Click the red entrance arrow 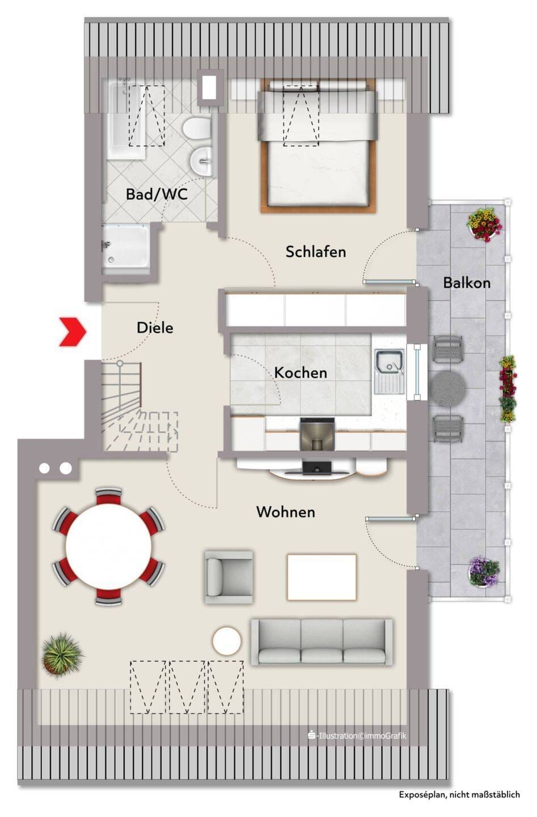(73, 331)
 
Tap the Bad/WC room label (157, 194)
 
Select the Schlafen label (316, 252)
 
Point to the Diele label (155, 327)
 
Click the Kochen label (301, 372)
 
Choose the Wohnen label (286, 512)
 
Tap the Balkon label (467, 283)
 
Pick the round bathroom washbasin (201, 160)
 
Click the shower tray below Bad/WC (126, 250)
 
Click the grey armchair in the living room (229, 577)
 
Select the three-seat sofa (322, 642)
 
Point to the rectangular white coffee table (322, 578)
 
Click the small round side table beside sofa (227, 641)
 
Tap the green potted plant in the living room (62, 656)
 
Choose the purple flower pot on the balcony (483, 571)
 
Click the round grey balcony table (449, 388)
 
